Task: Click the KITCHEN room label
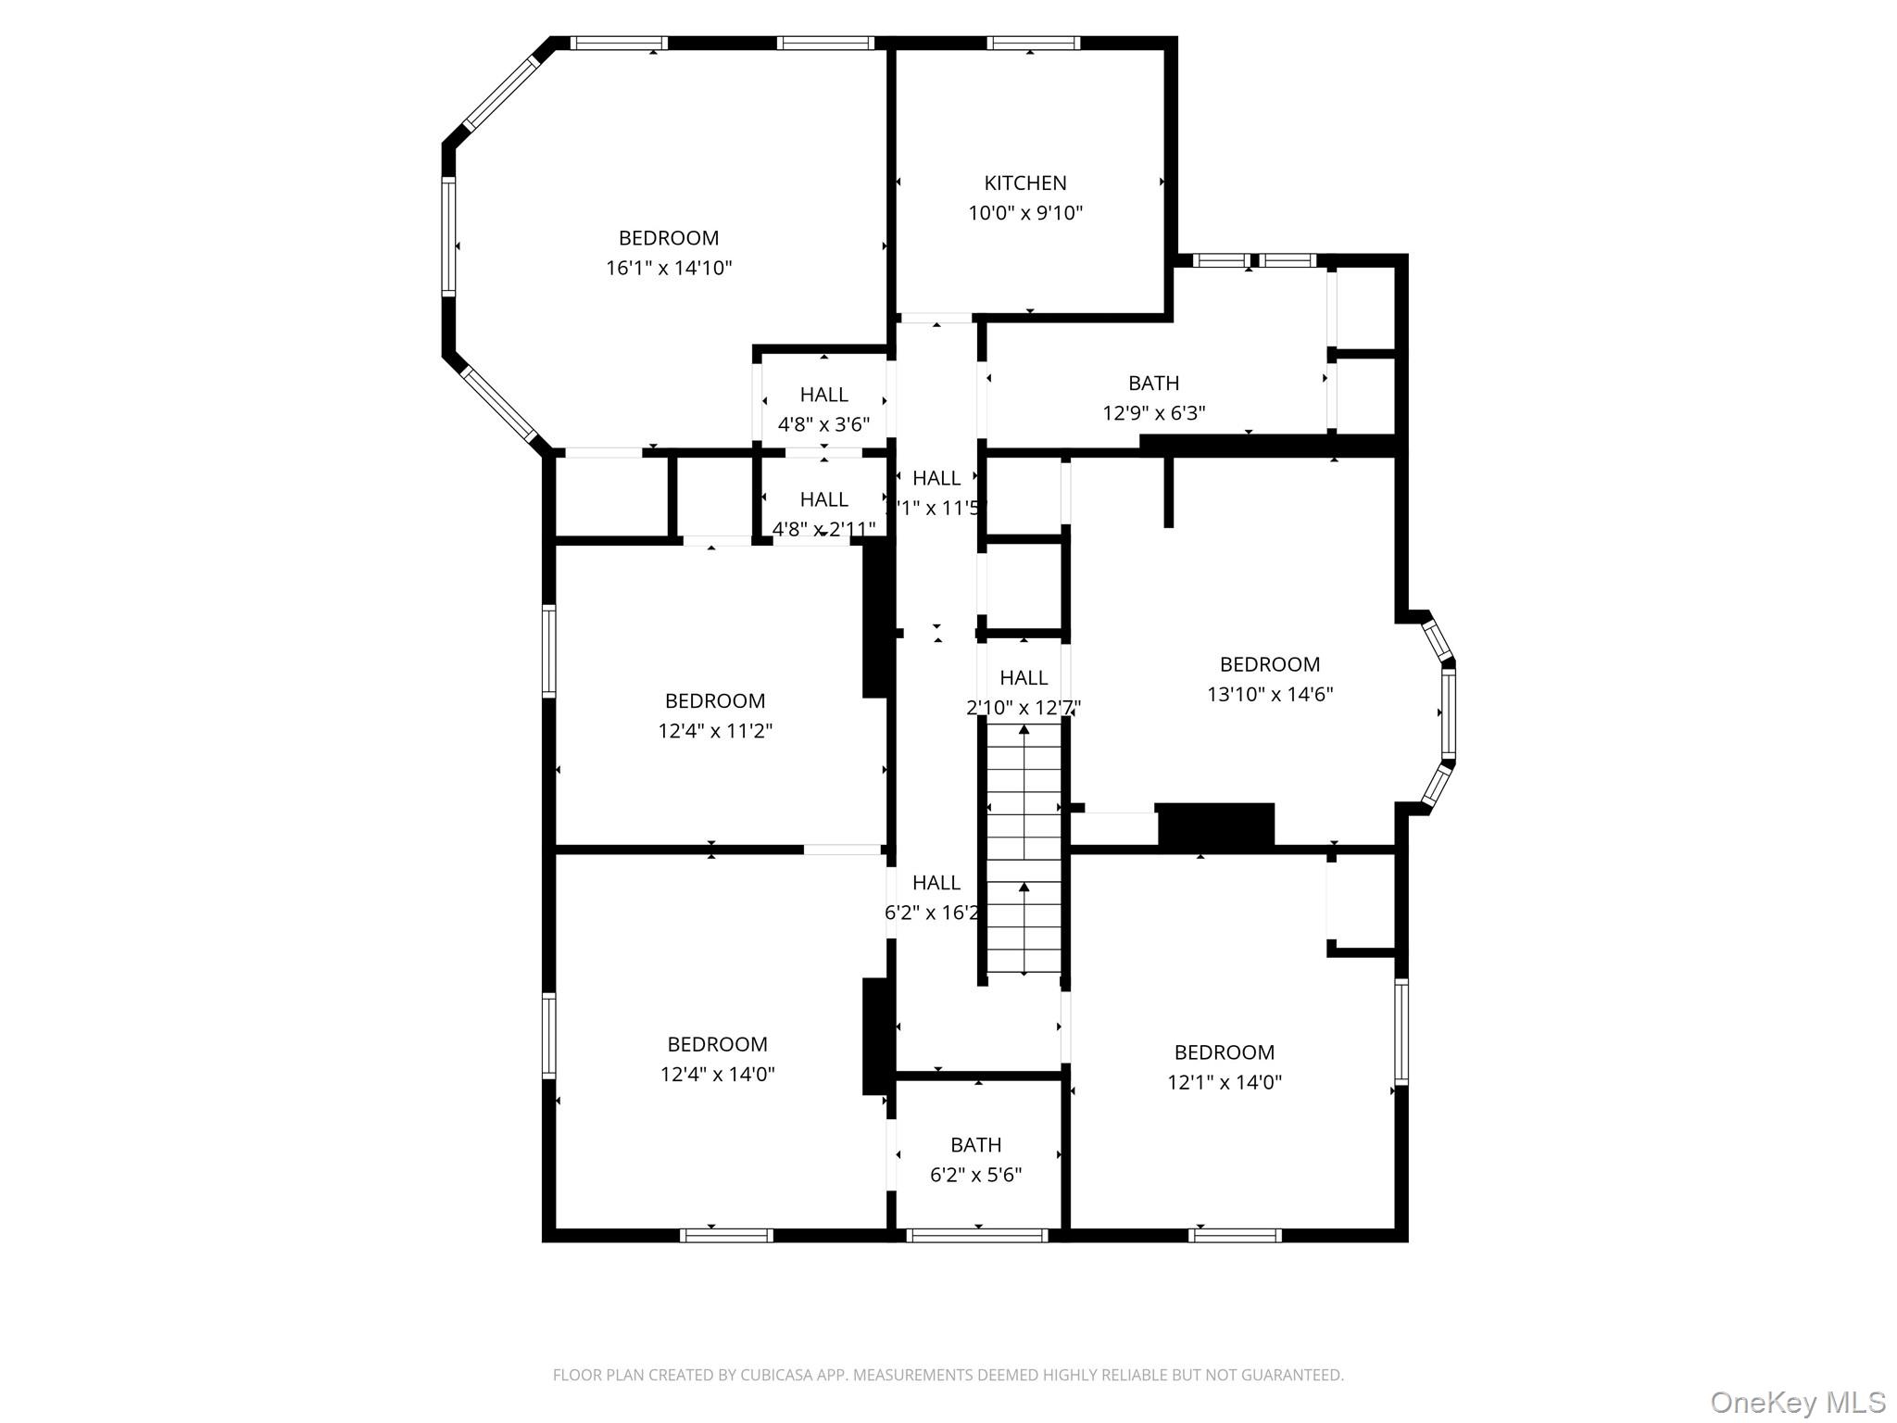(x=1024, y=183)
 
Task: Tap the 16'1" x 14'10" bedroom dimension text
(x=669, y=269)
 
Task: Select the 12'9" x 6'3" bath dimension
(x=1153, y=413)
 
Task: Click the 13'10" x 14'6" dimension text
(x=1269, y=694)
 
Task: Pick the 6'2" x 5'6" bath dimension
(x=975, y=1175)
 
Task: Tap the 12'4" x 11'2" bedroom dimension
(x=715, y=731)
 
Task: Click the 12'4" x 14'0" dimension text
(x=717, y=1075)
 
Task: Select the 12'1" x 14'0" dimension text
(x=1224, y=1082)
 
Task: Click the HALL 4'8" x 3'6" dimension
(x=823, y=424)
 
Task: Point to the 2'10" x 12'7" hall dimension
(x=1023, y=708)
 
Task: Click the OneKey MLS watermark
(x=1797, y=1402)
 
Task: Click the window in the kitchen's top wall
(x=1033, y=43)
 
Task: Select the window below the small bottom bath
(x=977, y=1235)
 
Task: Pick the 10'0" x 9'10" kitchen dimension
(x=1024, y=213)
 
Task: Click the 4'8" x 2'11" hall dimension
(x=823, y=529)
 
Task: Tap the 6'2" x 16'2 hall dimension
(x=932, y=913)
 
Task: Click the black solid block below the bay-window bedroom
(x=1215, y=824)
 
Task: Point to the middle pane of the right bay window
(x=1447, y=712)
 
